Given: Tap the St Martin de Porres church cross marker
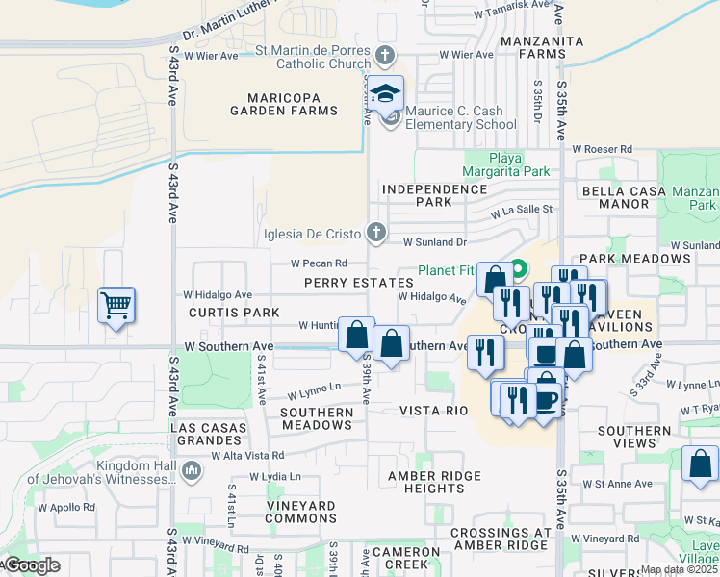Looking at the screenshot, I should click(x=386, y=55).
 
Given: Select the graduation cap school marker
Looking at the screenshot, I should click(x=386, y=95).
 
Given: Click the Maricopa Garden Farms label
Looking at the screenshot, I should click(x=284, y=104).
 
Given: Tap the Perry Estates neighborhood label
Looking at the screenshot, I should click(x=359, y=283).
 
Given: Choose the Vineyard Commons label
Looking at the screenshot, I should click(x=286, y=512).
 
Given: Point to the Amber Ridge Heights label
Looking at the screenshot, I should click(x=434, y=482).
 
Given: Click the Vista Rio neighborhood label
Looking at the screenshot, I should click(x=433, y=411).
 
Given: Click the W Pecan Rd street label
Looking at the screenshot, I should click(x=319, y=263).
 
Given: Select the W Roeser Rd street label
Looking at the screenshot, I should click(x=603, y=150).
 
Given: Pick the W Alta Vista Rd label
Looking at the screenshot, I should click(x=248, y=456).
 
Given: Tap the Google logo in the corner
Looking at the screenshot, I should click(x=31, y=565).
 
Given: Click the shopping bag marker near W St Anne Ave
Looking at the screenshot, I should click(x=700, y=464).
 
